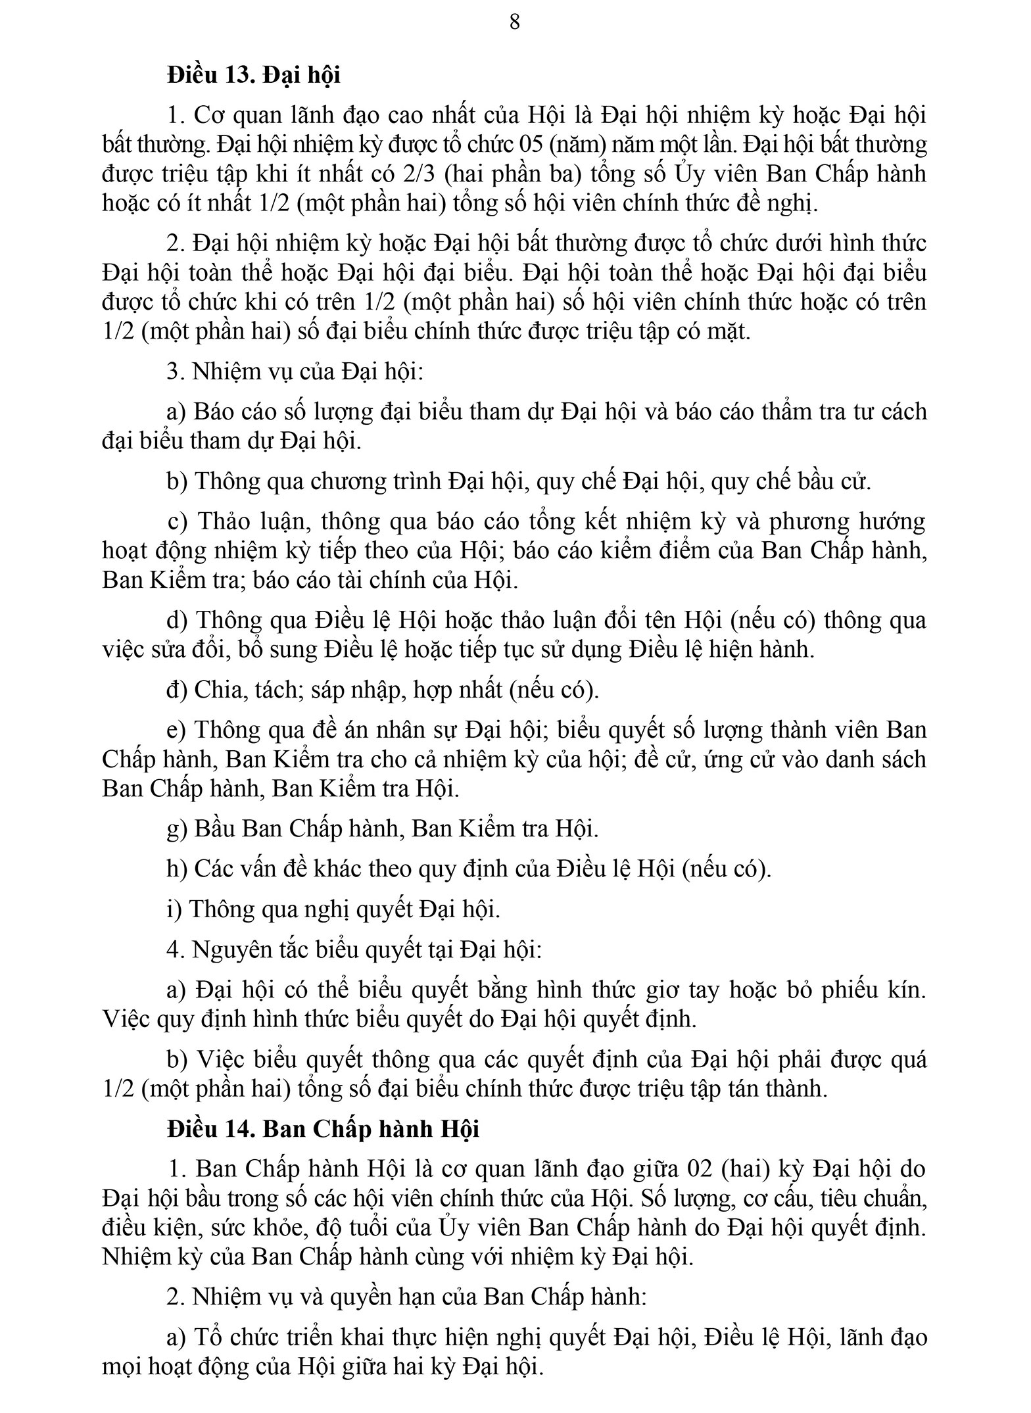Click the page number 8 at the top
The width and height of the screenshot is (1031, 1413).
(x=515, y=22)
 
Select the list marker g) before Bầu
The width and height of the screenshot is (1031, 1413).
(x=177, y=828)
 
